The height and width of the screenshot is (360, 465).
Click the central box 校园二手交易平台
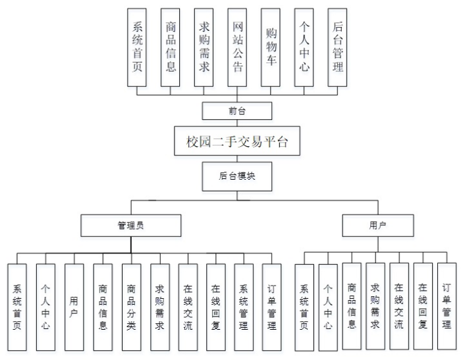tap(236, 141)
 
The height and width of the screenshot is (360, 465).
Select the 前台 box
tap(236, 110)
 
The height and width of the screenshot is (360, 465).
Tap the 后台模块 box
tap(236, 176)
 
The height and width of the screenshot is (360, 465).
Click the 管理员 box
tap(130, 225)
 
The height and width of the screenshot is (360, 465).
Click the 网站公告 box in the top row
tap(238, 47)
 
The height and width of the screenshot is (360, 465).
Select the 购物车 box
tap(271, 47)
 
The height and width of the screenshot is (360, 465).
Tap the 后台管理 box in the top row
tap(337, 47)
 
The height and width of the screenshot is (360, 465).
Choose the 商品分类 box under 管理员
tap(131, 307)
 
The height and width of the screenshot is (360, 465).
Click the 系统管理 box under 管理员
tap(244, 307)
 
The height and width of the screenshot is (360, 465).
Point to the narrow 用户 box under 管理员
tap(74, 307)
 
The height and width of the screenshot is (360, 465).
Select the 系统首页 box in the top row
tap(138, 47)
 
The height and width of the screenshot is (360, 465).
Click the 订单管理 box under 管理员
tap(272, 307)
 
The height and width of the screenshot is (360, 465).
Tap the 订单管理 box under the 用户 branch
tap(447, 306)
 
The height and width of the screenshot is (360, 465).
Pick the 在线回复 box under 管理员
tap(215, 307)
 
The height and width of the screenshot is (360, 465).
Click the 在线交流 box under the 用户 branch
tap(398, 306)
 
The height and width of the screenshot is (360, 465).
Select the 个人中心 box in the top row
tap(304, 47)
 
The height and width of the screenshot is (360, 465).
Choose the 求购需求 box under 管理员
tap(159, 307)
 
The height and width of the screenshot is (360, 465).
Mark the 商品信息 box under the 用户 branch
tap(352, 306)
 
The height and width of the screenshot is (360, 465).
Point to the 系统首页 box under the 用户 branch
tap(304, 307)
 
